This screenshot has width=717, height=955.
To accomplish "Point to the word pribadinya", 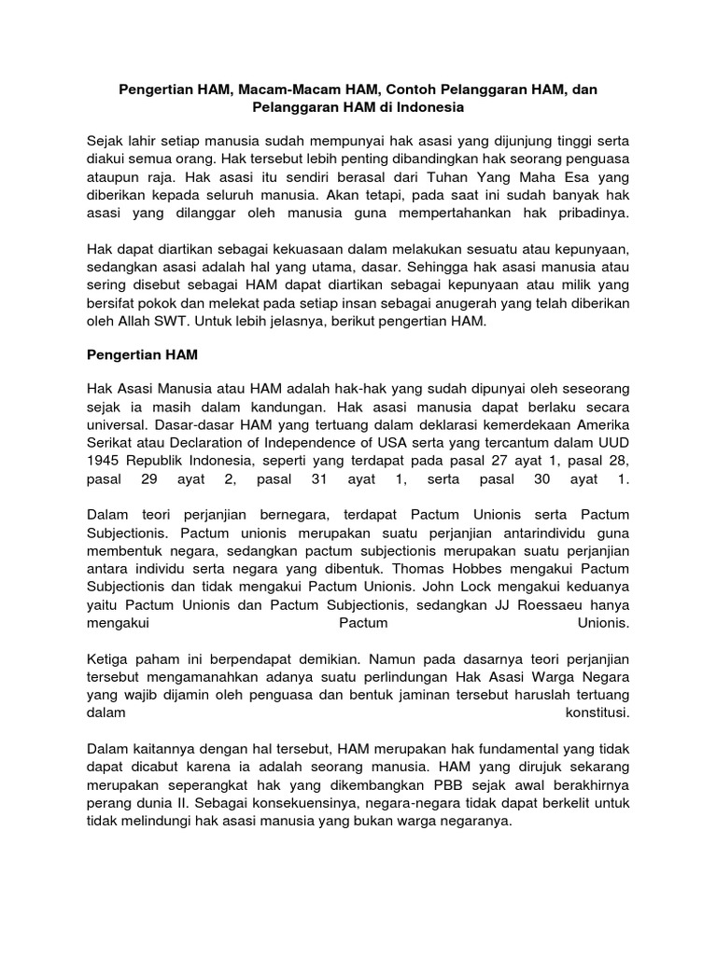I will pyautogui.click(x=596, y=213).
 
